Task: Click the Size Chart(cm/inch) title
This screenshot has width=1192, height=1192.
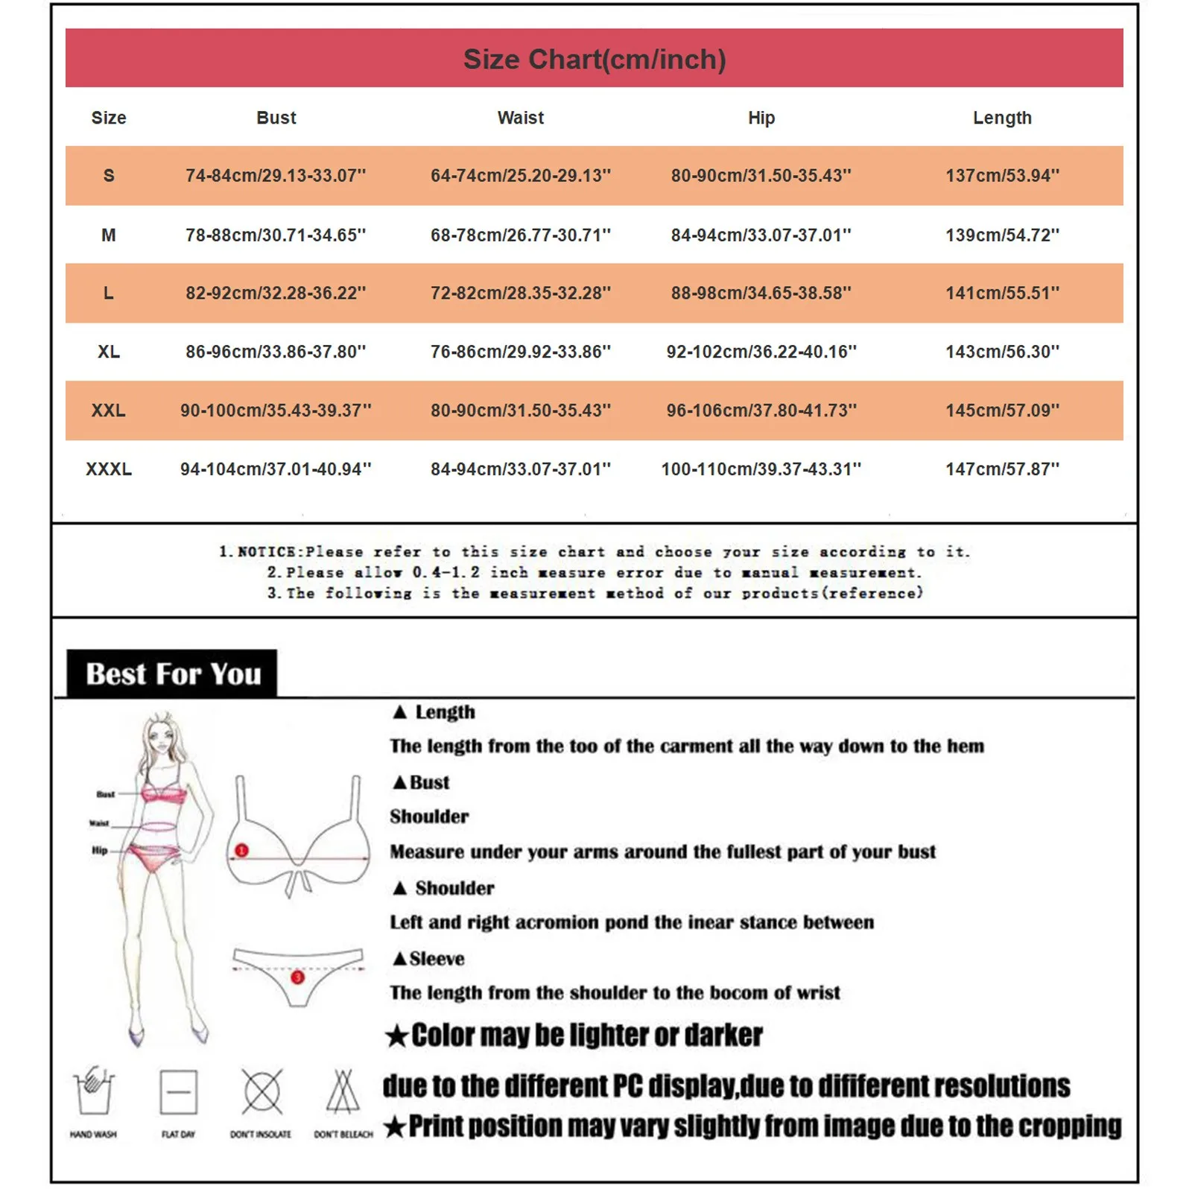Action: pos(595,60)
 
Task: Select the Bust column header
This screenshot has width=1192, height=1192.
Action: pos(276,118)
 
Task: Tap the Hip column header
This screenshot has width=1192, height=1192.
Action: pos(761,118)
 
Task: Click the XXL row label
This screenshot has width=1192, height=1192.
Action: pos(109,410)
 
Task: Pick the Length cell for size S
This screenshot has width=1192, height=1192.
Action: pos(1002,176)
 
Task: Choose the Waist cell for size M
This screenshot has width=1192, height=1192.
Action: pos(520,235)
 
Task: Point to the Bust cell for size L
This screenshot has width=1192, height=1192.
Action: pos(276,294)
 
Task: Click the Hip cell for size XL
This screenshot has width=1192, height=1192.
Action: pos(761,352)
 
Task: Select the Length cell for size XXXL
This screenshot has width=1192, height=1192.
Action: pos(1002,469)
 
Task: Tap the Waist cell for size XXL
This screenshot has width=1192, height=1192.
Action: pos(520,410)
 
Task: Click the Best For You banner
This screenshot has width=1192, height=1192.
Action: pos(173,674)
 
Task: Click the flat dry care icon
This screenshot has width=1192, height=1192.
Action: pos(179,1092)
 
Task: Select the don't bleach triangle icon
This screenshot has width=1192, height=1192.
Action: pos(343,1092)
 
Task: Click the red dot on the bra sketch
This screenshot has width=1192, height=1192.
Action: pos(242,850)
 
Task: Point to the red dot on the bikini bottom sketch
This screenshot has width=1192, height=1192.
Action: pos(297,977)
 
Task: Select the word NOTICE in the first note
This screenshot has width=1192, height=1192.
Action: pos(266,552)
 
